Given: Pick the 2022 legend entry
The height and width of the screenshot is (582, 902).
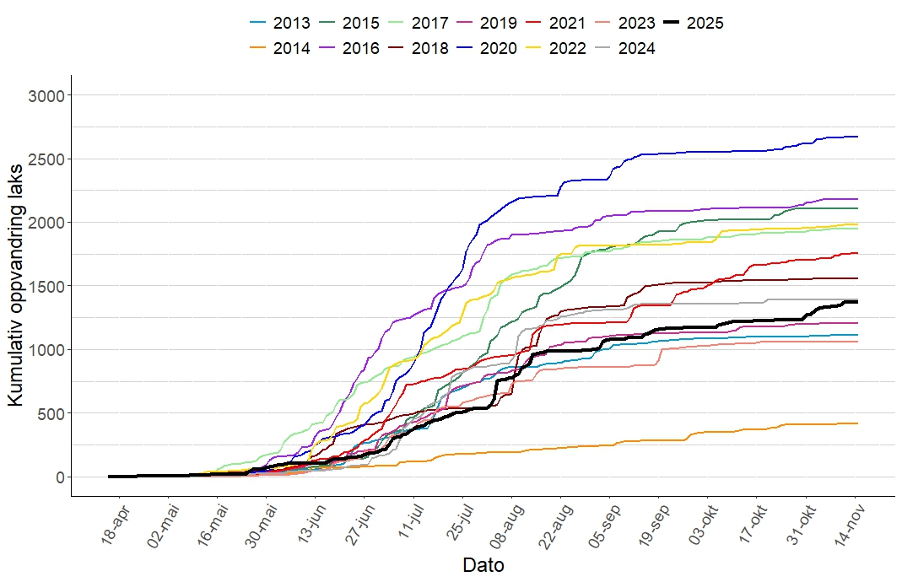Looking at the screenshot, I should point(556,48).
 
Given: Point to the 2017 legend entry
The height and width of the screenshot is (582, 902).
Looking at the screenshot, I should point(419,23).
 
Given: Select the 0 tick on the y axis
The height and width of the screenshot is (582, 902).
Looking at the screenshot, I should point(59,477).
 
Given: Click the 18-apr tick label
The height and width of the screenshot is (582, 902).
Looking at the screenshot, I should point(116,526).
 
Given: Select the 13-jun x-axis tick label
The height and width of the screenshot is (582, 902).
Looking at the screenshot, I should point(311,526).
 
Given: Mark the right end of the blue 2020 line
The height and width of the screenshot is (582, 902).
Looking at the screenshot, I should point(857,137).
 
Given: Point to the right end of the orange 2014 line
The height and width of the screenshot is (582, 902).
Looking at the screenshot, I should point(857,423).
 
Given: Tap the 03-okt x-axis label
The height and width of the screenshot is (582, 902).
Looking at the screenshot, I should point(707,526).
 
